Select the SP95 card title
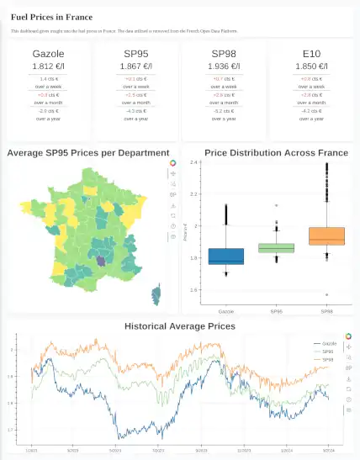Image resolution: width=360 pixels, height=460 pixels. [136, 53]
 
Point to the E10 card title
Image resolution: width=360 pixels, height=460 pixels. [311, 53]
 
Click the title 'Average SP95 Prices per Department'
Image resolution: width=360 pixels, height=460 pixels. [88, 153]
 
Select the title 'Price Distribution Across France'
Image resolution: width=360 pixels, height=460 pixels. [277, 153]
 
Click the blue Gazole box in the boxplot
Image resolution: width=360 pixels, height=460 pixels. [225, 256]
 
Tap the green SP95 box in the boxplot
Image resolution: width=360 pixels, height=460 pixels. [277, 248]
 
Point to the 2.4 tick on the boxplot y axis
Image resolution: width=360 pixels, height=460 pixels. [194, 162]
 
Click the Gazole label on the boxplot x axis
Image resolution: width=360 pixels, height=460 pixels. [225, 310]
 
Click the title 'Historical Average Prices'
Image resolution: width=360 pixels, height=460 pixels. [179, 325]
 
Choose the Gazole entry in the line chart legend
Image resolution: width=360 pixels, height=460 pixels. [329, 344]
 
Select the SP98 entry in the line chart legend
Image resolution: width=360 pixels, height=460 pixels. [329, 359]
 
